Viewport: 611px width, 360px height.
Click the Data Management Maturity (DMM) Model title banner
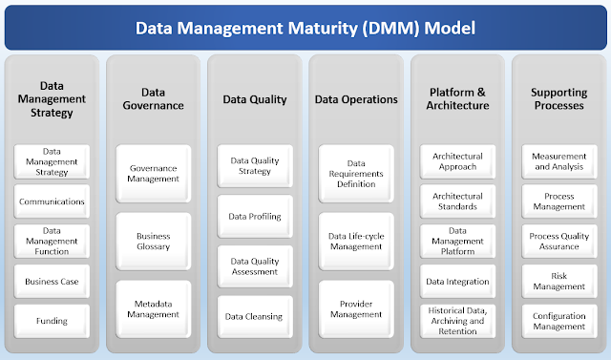click(x=305, y=28)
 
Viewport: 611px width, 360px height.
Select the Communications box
click(x=53, y=201)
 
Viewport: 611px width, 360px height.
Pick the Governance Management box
click(x=153, y=172)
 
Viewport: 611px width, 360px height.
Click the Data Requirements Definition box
click(x=354, y=175)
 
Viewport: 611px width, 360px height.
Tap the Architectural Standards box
click(x=456, y=201)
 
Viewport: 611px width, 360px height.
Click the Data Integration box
click(x=456, y=282)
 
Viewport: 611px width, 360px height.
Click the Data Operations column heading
click(x=354, y=99)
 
